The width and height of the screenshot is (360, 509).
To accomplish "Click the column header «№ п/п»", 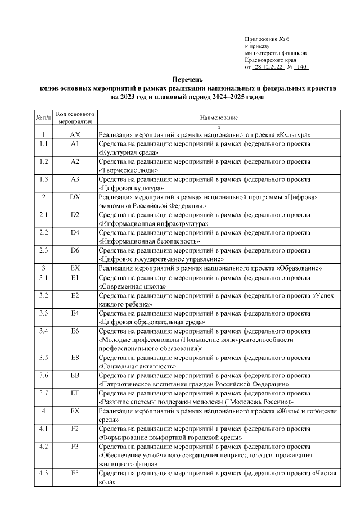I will [x=43, y=118].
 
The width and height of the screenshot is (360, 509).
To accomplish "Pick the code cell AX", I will [x=75, y=135].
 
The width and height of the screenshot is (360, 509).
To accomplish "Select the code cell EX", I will [x=75, y=268].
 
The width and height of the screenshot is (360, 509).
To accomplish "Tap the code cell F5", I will [x=75, y=473].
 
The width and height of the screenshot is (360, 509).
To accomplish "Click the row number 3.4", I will [x=43, y=331].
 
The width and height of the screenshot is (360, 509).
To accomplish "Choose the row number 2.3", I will [x=43, y=250].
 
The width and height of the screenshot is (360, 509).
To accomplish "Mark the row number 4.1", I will [x=43, y=429].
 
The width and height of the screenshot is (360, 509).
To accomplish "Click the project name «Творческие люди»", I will [x=128, y=170].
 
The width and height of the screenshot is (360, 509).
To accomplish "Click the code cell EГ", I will [x=75, y=393].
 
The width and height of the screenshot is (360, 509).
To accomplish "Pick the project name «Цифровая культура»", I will [x=131, y=188].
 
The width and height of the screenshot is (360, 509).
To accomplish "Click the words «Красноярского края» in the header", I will [x=271, y=60].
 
